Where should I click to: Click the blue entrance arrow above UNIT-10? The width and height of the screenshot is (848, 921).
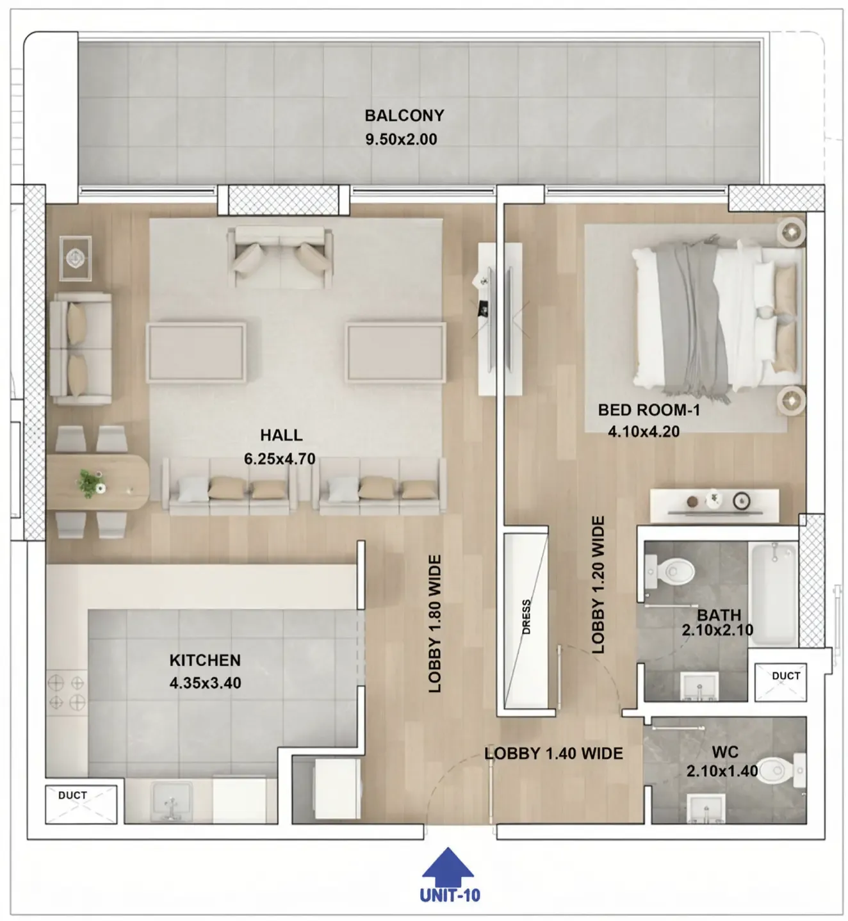coord(447,867)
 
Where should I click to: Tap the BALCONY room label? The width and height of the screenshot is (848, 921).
coord(405,116)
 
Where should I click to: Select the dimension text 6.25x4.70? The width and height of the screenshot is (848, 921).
coord(280,459)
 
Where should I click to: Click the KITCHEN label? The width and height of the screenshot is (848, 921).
coord(205,660)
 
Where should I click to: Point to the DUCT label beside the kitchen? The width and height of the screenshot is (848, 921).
coord(72,795)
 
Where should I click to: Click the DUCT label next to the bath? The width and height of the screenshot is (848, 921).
coord(786,676)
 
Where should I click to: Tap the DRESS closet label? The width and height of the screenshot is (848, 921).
coord(526,617)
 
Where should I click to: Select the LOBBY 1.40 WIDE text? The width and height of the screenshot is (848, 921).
coord(554,753)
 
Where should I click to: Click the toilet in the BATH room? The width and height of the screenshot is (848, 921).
coord(670,571)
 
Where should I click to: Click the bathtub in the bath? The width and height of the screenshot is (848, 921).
coord(774,594)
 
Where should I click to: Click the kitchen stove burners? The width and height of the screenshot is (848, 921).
coord(67,692)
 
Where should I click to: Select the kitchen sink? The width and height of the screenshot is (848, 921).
coord(172,802)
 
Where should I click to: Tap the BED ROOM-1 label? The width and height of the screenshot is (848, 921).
coord(649,410)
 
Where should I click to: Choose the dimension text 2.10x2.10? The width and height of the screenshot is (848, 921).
coord(717,630)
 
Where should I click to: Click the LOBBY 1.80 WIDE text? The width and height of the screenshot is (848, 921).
coord(434,624)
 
